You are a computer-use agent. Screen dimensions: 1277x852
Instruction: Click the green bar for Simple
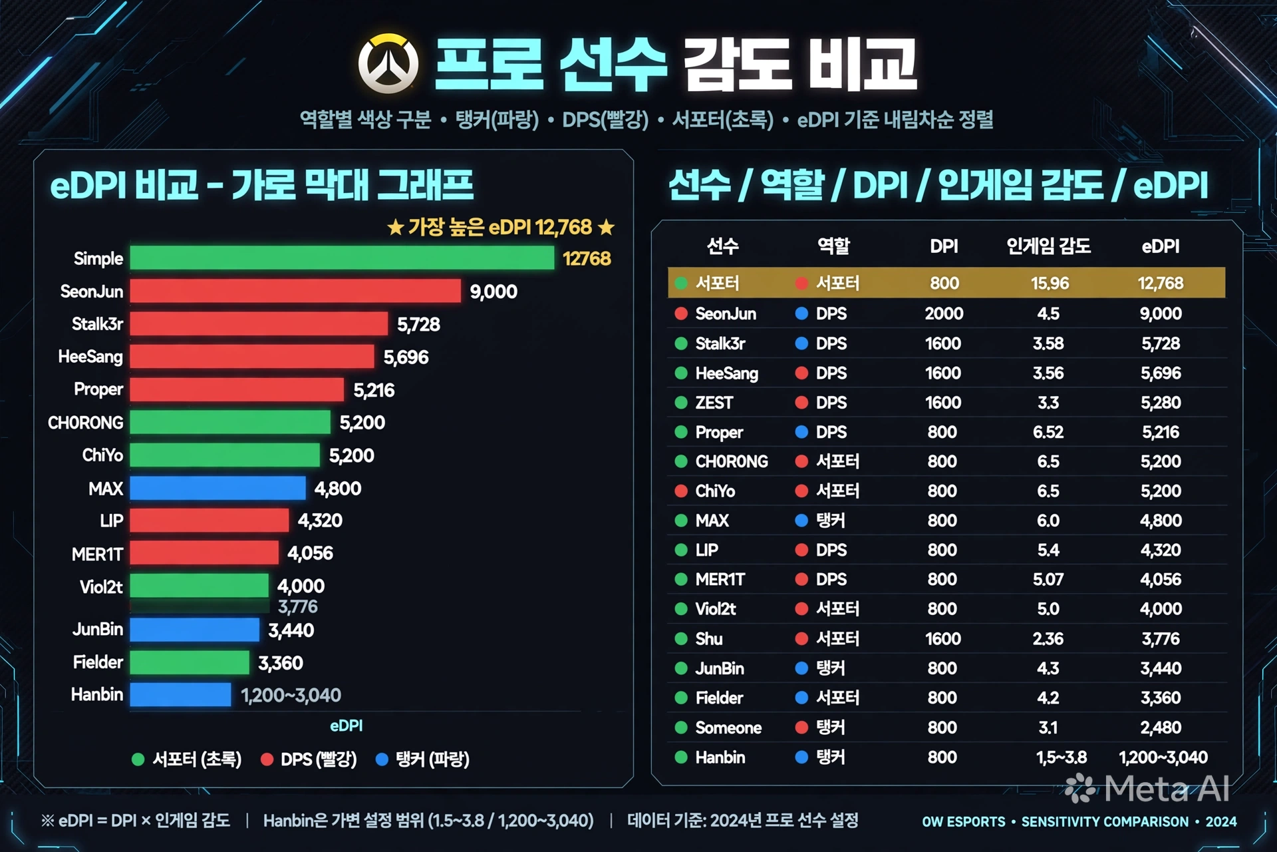[x=342, y=258]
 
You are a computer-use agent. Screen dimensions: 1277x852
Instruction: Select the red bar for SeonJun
[x=295, y=291]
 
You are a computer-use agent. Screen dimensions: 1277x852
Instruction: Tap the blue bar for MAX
[x=218, y=488]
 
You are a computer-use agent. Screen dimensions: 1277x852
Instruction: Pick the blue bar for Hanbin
[x=181, y=694]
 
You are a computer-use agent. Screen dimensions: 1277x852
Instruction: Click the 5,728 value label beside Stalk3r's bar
[x=418, y=324]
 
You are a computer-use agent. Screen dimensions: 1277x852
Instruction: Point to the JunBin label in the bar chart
[x=98, y=629]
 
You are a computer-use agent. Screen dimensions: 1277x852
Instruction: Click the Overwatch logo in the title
[x=388, y=64]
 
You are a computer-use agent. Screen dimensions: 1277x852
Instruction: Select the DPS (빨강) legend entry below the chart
[x=309, y=759]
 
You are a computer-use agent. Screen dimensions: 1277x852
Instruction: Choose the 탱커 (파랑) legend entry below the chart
[x=423, y=759]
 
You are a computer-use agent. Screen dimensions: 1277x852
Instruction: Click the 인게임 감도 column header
[x=1048, y=246]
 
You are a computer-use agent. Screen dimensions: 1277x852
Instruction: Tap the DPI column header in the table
[x=944, y=246]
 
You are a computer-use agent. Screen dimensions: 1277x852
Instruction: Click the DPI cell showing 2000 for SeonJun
[x=944, y=314]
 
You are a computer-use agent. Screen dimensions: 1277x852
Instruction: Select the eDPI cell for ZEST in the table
[x=1161, y=403]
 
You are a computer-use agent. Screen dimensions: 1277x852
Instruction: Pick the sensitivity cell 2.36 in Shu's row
[x=1048, y=639]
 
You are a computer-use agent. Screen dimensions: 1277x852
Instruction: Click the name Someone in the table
[x=728, y=728]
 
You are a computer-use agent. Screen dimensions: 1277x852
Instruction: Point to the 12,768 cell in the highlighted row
[x=1161, y=284]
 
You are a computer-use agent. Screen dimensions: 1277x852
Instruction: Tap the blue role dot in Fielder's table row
[x=801, y=698]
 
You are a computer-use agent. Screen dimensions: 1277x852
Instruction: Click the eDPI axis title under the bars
[x=347, y=726]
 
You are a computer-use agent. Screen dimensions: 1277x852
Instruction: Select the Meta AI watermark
[x=1147, y=789]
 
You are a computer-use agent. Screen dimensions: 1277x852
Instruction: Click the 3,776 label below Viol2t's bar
[x=298, y=607]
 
